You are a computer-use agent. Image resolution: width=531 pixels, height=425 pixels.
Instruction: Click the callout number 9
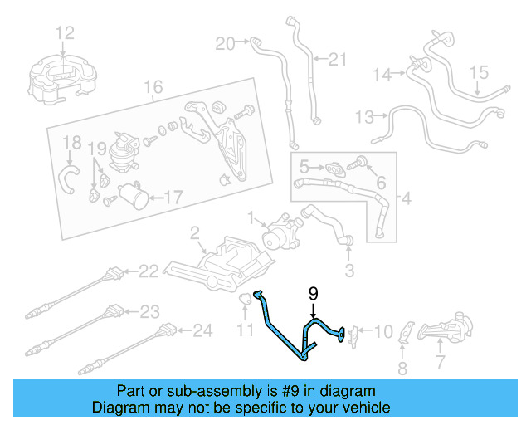pos(314,292)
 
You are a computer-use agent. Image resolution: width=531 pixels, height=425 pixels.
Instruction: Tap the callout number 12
pos(65,32)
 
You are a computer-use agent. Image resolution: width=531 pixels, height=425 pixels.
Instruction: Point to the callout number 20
pos(225,42)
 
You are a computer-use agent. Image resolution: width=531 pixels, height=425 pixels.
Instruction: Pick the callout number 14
pos(381,75)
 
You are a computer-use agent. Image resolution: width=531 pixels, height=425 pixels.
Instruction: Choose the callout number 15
pos(481,73)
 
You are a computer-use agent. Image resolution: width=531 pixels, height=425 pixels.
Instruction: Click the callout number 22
pos(149,270)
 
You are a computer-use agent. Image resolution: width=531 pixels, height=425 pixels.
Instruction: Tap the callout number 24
pos(203,330)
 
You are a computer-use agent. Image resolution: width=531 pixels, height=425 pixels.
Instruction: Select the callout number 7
pos(441,362)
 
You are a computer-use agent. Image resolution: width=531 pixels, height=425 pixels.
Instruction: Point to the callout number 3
pos(349,270)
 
